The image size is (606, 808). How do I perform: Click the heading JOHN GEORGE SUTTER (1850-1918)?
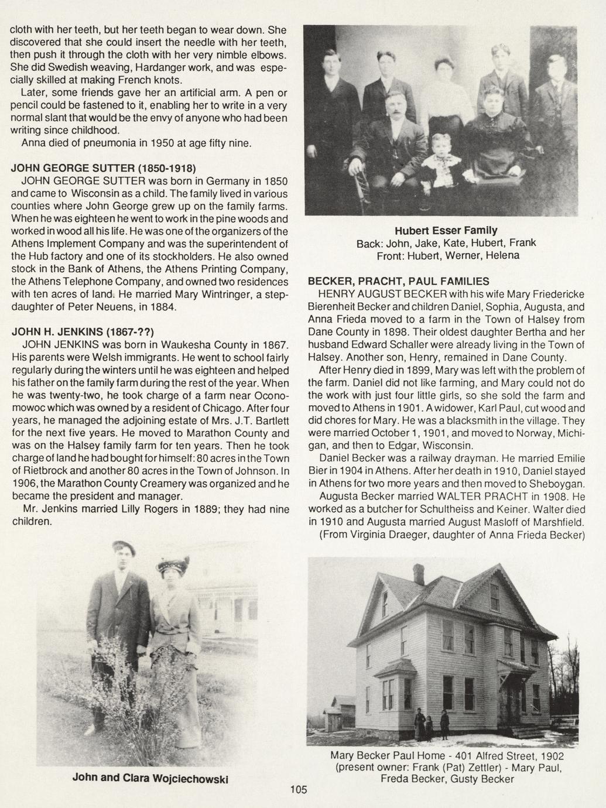point(103,169)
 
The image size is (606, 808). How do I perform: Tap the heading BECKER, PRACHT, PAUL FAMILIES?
point(399,282)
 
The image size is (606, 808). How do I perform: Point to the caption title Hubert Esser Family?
point(446,230)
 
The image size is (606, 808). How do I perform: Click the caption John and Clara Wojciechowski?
point(150,778)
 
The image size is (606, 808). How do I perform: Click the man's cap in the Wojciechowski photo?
point(125,548)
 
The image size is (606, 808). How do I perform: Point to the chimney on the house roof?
point(418,574)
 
